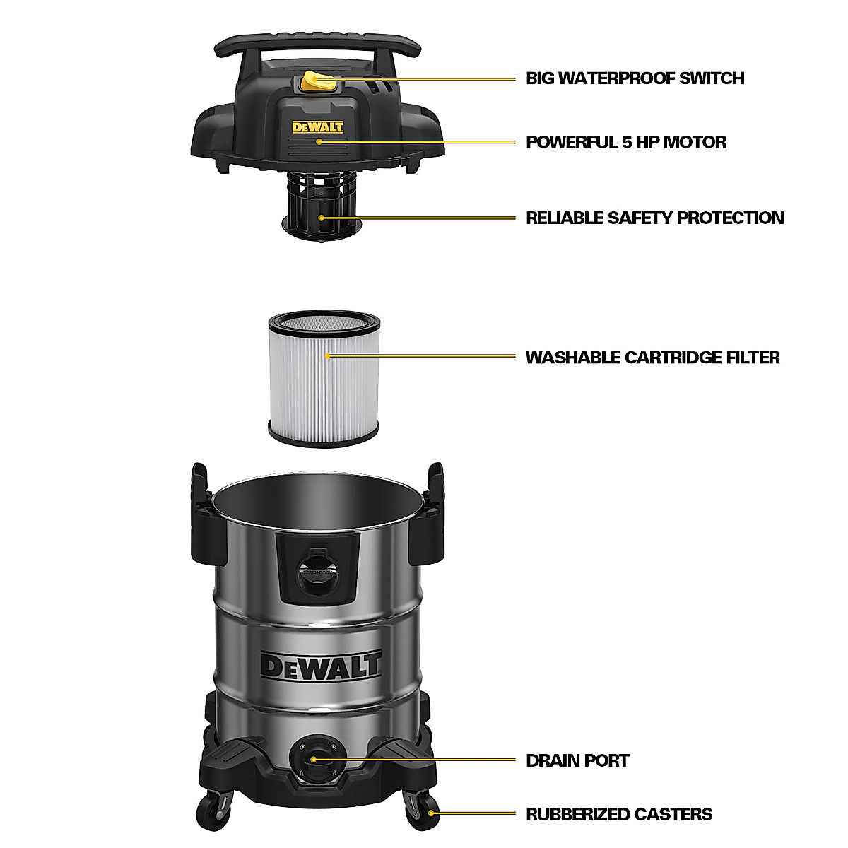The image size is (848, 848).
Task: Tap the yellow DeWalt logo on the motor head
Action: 318,128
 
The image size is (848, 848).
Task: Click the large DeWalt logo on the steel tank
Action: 321,664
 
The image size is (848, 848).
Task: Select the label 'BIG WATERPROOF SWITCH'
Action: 635,78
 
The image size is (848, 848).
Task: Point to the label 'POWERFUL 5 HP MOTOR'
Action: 625,142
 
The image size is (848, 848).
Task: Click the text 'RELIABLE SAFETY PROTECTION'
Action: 654,218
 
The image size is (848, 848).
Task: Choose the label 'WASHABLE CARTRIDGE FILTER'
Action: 652,358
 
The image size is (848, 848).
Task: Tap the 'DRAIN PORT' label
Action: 577,761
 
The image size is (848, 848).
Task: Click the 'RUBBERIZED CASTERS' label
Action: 619,815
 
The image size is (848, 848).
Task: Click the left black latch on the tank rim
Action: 201,506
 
